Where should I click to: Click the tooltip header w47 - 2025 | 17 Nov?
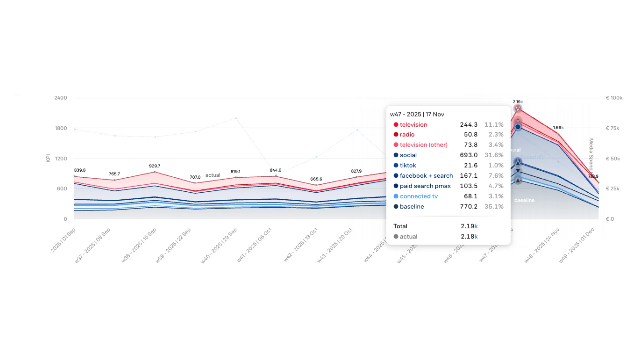(417, 114)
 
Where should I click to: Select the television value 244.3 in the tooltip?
(469, 125)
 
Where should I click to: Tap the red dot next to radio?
(396, 134)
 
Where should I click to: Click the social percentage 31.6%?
(494, 155)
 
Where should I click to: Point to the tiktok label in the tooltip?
(408, 165)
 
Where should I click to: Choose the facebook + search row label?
(426, 176)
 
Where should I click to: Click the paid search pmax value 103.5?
(469, 186)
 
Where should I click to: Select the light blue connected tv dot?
(396, 196)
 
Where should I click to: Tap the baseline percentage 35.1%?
(494, 207)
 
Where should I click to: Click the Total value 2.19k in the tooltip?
(469, 226)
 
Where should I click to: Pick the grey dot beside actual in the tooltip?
(396, 236)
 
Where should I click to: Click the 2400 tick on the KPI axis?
(61, 98)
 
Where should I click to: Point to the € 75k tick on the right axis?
(612, 128)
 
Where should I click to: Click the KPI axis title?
(48, 158)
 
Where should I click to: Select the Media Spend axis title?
(591, 154)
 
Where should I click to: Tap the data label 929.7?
(155, 166)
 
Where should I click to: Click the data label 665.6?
(316, 179)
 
